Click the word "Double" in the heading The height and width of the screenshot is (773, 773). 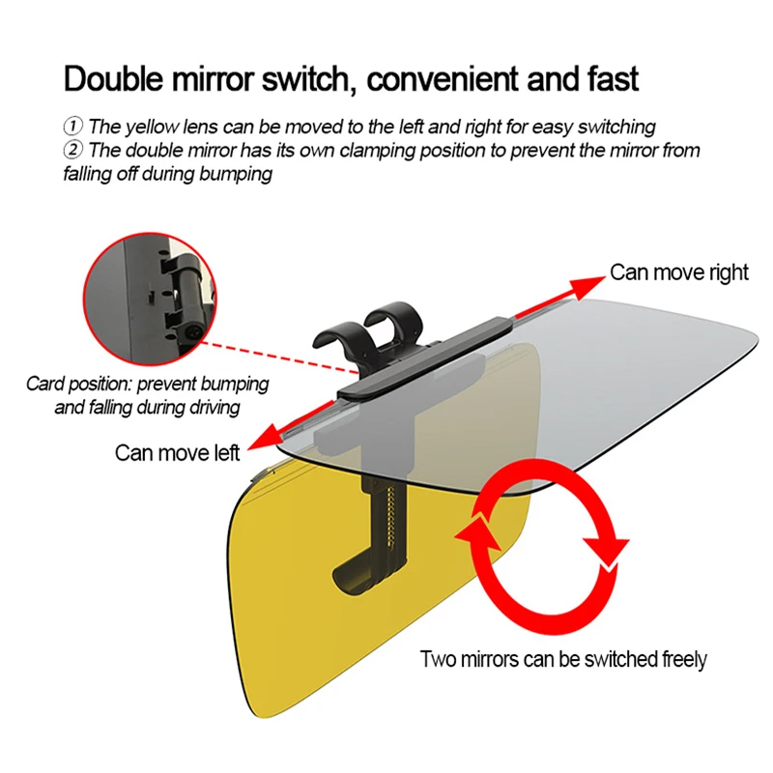click(113, 78)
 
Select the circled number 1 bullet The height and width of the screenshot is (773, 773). click(73, 126)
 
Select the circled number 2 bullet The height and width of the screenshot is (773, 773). click(73, 150)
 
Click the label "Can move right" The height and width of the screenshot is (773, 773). click(679, 272)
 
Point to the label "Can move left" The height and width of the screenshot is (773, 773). click(177, 452)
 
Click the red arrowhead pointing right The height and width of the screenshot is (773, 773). click(587, 286)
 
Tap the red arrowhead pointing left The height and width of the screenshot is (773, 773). click(264, 437)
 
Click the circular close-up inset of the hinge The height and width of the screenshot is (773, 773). click(150, 300)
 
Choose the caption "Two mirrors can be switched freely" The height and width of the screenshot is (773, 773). click(563, 659)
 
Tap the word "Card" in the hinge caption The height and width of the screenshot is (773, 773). click(44, 384)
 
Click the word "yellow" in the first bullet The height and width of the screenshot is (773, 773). click(152, 128)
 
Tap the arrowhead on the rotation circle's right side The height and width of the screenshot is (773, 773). click(606, 552)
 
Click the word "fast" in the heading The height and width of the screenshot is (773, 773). click(613, 78)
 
